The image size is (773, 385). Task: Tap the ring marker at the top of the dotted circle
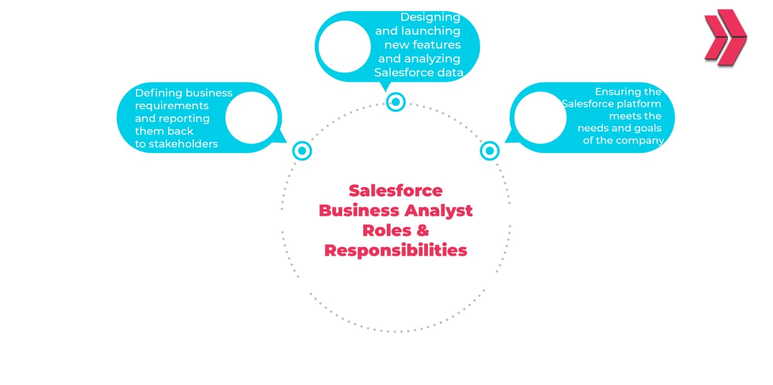tap(396, 102)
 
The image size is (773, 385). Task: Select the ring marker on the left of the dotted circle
tap(302, 150)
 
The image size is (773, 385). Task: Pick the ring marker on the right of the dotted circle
tap(489, 150)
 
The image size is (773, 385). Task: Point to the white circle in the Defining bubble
tap(251, 117)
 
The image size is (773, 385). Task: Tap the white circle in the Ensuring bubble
tap(539, 117)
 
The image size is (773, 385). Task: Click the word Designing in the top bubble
tap(430, 17)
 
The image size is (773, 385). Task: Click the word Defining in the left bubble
tap(158, 93)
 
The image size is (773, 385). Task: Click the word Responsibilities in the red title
tap(396, 250)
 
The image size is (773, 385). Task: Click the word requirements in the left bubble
tap(172, 106)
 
